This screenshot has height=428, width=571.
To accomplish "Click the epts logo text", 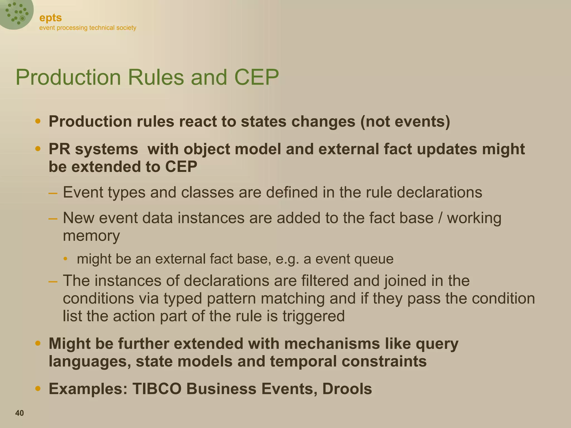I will (x=50, y=18).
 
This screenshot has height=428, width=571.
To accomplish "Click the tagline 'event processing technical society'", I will (x=88, y=28).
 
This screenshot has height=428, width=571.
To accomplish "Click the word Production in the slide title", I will (x=68, y=77).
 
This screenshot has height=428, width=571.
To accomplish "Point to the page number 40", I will (x=20, y=413).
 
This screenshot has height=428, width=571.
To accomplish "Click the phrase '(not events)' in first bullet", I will (x=405, y=121).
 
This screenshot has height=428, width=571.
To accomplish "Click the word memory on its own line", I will (x=91, y=236).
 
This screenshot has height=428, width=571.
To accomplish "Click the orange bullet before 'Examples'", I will (x=38, y=388).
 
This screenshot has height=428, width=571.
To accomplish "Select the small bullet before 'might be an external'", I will (x=65, y=259).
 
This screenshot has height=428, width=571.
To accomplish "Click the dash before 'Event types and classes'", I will (x=53, y=193).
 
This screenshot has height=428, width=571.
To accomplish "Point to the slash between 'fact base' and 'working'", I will (x=440, y=218).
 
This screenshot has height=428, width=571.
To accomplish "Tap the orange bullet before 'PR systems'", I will (x=38, y=149).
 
